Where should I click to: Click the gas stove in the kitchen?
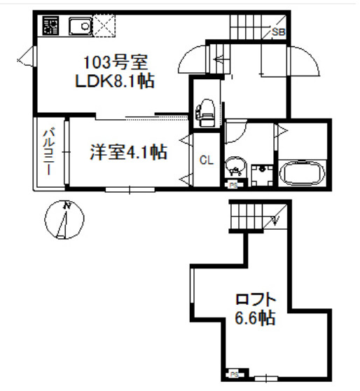click(x=50, y=25)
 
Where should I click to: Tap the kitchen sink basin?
click(x=81, y=26)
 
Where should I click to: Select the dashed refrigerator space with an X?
click(x=104, y=26)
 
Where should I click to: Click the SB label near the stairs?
click(x=278, y=32)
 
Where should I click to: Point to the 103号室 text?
click(x=116, y=62)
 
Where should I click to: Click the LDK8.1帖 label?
click(x=115, y=81)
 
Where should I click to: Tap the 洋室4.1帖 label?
click(x=128, y=152)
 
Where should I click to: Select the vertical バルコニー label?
click(x=49, y=151)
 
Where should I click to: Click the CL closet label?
click(x=207, y=160)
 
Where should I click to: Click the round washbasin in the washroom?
click(x=235, y=166)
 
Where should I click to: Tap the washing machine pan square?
click(x=262, y=175)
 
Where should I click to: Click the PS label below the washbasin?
click(x=233, y=185)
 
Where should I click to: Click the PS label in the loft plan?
click(x=234, y=375)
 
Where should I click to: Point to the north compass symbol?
click(x=64, y=219)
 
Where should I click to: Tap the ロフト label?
click(x=256, y=299)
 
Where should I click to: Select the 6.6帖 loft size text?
click(x=255, y=317)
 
